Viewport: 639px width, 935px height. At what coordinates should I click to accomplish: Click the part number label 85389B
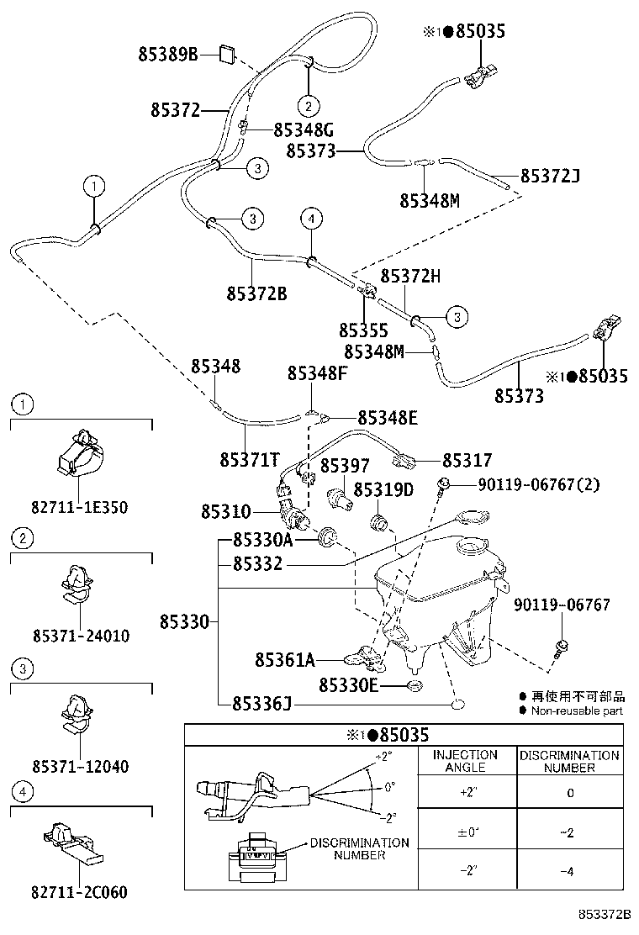pos(167,55)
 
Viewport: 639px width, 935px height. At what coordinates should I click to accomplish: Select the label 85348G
pos(304,129)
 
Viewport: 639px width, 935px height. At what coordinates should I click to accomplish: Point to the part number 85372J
pos(550,176)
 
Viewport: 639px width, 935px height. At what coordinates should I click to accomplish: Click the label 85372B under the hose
pos(256,293)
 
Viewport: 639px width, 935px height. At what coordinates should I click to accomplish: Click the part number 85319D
pos(383,489)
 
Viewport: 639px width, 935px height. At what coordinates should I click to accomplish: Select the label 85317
pos(467,460)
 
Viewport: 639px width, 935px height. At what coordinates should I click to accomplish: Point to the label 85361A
pos(285,660)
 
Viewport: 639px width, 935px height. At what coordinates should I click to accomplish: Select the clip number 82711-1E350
pos(79,507)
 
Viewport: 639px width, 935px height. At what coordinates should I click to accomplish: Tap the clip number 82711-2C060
pos(79,892)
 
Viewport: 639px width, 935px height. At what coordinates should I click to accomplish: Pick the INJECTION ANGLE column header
pos(465,761)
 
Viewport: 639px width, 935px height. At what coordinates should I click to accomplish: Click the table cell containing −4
pos(568,872)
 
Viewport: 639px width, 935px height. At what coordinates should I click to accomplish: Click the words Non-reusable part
pos(576,710)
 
